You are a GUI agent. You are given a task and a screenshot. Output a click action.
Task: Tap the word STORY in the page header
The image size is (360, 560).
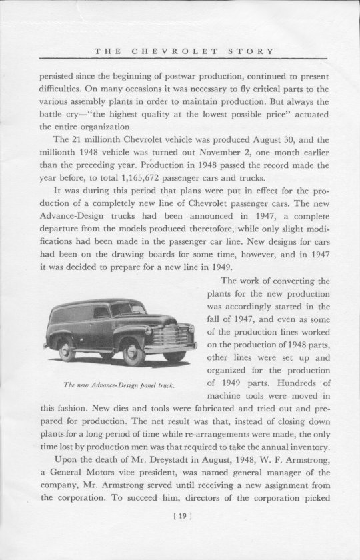coord(249,51)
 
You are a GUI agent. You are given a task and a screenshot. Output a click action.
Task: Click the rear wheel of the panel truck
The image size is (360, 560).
coord(65,346)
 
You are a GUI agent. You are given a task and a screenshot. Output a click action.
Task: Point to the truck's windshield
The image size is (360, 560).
coord(127,307)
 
